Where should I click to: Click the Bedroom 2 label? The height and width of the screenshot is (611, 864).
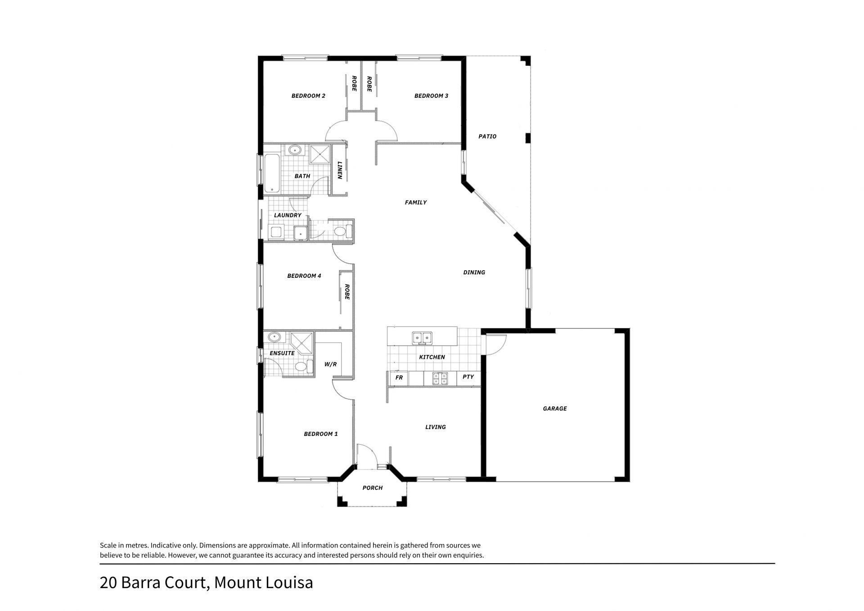click(308, 96)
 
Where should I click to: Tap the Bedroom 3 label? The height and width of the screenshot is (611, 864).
click(431, 96)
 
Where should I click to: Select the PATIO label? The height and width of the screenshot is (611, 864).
click(487, 136)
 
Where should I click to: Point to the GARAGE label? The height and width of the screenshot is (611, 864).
click(555, 409)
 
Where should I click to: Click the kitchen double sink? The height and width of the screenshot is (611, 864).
click(422, 337)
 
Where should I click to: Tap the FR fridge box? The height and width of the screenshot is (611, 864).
click(399, 378)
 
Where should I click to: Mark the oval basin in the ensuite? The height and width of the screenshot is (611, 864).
click(274, 337)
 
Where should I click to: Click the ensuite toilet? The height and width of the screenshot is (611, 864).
click(303, 366)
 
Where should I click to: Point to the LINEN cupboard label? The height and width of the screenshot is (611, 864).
click(340, 170)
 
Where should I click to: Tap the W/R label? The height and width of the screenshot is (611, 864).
click(330, 364)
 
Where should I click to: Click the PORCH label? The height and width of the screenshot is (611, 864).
click(373, 488)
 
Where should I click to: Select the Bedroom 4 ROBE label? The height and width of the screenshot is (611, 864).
click(347, 292)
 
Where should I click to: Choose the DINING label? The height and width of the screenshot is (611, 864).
click(474, 272)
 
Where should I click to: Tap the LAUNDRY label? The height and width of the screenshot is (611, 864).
click(288, 216)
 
